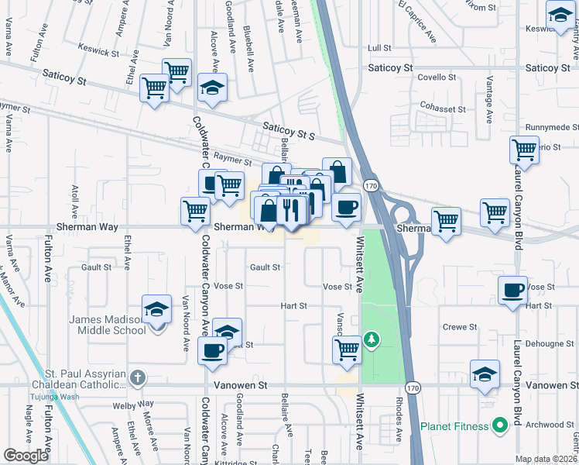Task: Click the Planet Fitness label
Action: [x=454, y=426]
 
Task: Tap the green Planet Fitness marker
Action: [x=499, y=425]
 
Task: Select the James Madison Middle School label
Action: [x=108, y=325]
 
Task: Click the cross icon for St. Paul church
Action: [x=137, y=378]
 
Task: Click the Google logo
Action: [x=26, y=456]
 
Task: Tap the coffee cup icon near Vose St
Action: [x=512, y=291]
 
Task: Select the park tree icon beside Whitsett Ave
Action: [x=372, y=339]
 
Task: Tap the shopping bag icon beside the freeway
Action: [x=337, y=171]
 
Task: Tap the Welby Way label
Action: [x=133, y=404]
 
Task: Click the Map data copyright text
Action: [x=545, y=459]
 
